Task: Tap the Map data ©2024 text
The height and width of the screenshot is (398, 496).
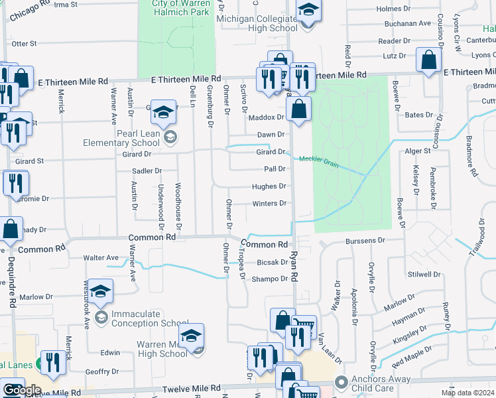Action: [x=467, y=393]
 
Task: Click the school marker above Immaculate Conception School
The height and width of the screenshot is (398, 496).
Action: [x=100, y=291]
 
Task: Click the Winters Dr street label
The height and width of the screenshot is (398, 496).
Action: [x=269, y=204]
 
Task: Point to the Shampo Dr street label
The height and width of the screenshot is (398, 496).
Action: [x=269, y=279]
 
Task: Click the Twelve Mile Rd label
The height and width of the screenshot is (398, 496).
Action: [x=194, y=388]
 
